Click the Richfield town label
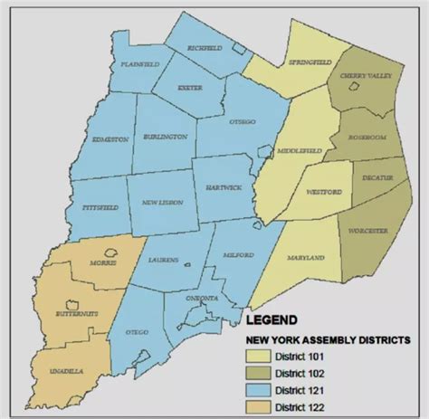[205, 47]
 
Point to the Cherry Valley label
[366, 78]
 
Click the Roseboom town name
[368, 138]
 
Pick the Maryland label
[307, 258]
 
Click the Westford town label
[323, 191]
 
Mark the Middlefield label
[297, 150]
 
